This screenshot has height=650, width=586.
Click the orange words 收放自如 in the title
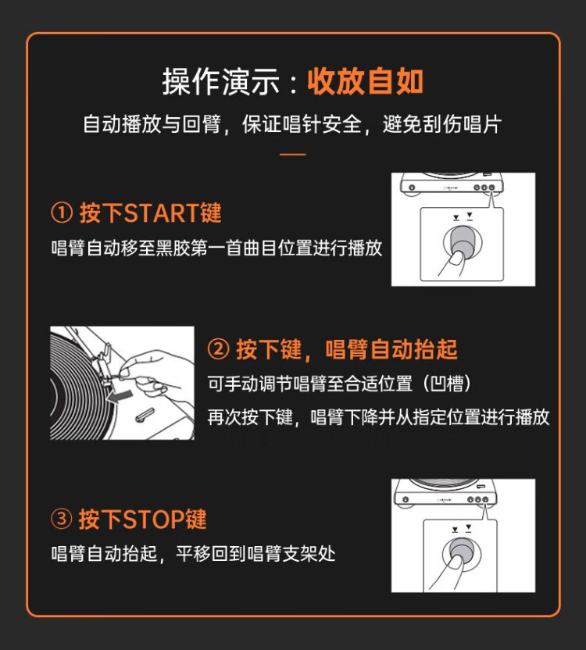365,80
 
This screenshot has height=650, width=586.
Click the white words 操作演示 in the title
220,81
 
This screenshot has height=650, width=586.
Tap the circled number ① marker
62,213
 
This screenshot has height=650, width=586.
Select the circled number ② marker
218,349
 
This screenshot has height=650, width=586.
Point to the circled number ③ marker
62,519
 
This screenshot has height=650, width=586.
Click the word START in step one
162,213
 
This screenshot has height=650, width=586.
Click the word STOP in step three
154,519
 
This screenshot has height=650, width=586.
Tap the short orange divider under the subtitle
292,154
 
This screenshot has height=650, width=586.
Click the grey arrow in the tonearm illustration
119,396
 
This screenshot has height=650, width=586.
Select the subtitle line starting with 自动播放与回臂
292,123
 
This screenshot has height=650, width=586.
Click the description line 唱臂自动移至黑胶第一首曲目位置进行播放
216,248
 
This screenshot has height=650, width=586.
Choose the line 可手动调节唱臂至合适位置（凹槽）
340,384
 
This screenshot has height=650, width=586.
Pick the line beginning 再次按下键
378,416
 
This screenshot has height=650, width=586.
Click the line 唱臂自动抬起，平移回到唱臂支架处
193,553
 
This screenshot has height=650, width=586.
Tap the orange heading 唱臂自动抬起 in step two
391,349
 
